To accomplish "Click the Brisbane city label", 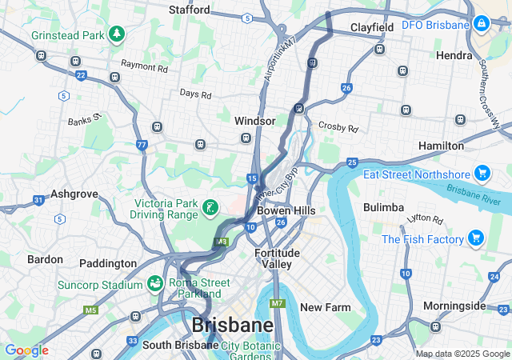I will click(232, 325).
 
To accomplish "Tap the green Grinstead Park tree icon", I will click(118, 34).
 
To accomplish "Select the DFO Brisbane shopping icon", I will click(482, 25).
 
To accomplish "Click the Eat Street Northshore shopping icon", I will click(482, 174).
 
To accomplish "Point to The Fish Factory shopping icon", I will click(475, 238).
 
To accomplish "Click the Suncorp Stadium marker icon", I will click(154, 283).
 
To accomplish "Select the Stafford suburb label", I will click(190, 10).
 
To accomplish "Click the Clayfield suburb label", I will click(372, 28).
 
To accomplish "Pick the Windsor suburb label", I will click(254, 121).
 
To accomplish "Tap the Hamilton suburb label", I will click(441, 146).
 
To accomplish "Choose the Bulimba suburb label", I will click(383, 207).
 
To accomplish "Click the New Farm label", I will click(326, 307).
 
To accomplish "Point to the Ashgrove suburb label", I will click(74, 194).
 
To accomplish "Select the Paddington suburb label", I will click(108, 263).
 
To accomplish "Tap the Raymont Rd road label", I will click(144, 69).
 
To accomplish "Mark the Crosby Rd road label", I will click(338, 126).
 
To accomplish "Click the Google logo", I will click(26, 350).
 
